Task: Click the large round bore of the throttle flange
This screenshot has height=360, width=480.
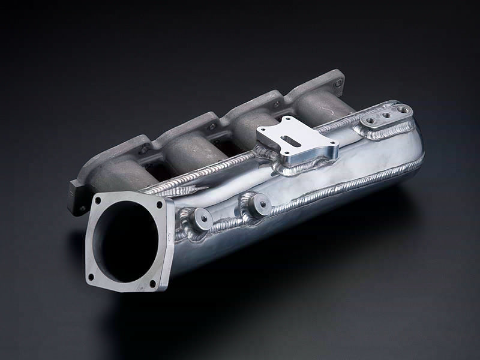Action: coord(124,240)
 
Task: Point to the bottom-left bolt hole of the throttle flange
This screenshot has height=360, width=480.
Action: coord(91,277)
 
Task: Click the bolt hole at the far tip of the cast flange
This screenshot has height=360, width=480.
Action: coord(340,79)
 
